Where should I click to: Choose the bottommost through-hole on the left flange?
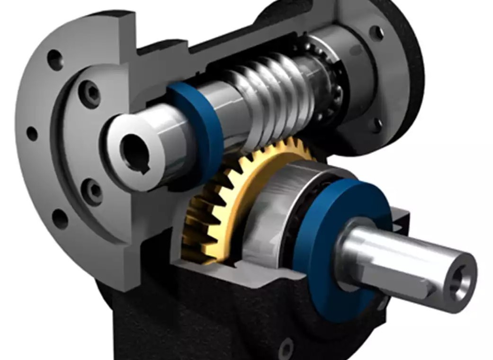60,218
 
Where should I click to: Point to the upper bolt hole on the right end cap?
376,33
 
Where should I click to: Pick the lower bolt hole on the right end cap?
376,125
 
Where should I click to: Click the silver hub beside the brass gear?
270,208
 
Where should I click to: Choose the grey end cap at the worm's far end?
360,71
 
